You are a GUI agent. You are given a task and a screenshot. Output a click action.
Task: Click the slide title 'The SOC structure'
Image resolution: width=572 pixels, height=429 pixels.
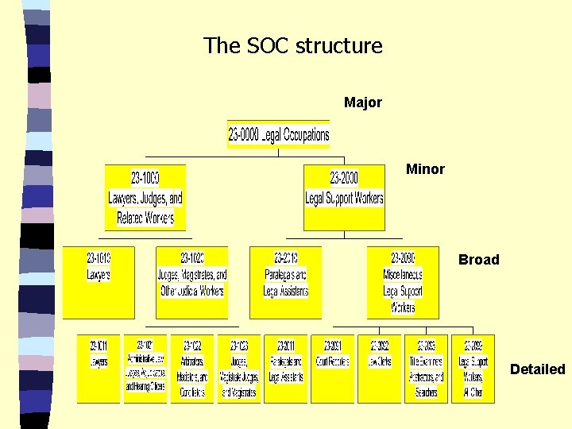(x=292, y=46)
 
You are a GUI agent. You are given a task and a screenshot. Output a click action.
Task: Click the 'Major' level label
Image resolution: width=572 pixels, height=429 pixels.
(x=363, y=102)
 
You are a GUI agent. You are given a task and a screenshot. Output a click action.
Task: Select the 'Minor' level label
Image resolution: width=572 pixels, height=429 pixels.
(x=425, y=169)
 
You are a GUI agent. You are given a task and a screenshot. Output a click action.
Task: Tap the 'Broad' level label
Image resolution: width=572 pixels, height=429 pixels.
(x=478, y=260)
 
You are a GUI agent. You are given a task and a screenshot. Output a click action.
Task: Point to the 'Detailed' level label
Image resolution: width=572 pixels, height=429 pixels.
(x=537, y=369)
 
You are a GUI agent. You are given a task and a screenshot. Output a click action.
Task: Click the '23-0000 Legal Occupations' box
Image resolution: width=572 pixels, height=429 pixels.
(x=278, y=135)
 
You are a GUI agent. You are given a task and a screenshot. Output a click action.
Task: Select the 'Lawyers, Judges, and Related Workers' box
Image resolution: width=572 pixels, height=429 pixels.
(x=145, y=198)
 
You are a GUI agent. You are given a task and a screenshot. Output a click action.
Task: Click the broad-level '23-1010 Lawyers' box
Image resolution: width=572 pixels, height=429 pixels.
(x=99, y=282)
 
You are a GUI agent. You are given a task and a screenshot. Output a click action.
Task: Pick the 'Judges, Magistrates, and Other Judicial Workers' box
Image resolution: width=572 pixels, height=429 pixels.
(x=192, y=282)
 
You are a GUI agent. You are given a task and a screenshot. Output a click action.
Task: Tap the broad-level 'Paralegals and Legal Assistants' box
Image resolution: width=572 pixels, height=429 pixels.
(x=285, y=282)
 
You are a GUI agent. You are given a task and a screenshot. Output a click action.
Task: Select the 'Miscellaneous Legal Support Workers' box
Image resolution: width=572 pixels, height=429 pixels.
(x=403, y=282)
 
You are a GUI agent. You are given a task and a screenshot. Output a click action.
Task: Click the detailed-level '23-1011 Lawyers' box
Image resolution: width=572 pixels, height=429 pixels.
(x=99, y=369)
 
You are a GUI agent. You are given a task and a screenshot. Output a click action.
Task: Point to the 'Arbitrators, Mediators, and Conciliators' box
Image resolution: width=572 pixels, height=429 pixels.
(x=192, y=369)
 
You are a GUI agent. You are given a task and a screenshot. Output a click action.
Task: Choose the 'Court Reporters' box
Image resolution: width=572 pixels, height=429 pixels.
(x=332, y=369)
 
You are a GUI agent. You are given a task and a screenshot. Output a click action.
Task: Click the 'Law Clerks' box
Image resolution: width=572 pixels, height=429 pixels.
(x=379, y=369)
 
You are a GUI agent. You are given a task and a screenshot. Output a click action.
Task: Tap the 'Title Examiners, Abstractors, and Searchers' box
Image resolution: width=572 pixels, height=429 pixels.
(x=426, y=369)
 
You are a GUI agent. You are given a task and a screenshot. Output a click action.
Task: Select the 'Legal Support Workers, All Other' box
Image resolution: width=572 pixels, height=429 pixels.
(x=473, y=369)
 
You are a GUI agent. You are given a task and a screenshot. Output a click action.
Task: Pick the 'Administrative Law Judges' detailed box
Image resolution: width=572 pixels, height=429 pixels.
(x=145, y=369)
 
